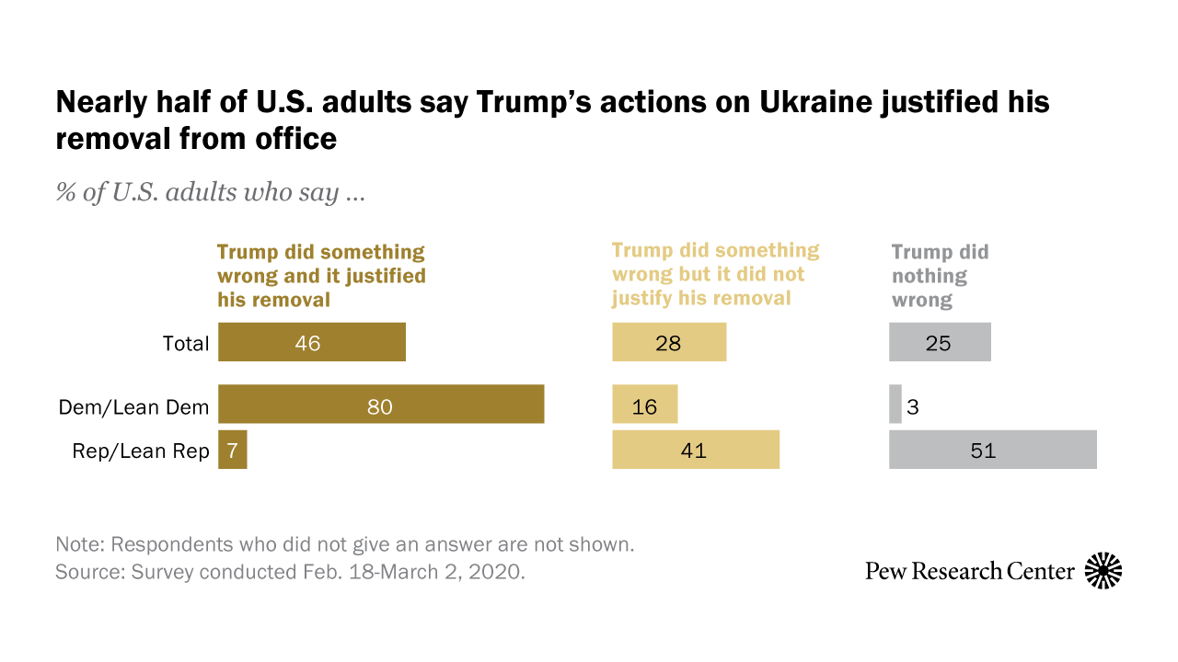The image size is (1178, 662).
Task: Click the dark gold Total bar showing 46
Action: point(311,342)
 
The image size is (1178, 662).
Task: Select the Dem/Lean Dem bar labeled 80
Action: point(381,405)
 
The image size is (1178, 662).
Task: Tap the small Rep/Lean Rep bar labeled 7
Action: point(232,450)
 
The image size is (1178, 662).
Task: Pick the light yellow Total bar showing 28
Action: point(669,342)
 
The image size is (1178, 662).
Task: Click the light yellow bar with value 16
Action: point(645,405)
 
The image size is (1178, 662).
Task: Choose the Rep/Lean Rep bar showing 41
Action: point(696,450)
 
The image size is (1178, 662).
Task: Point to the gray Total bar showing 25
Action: point(940,342)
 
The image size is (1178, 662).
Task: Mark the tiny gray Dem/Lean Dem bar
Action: point(895,405)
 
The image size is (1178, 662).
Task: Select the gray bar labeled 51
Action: point(992,450)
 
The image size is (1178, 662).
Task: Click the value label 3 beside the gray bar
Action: point(913,405)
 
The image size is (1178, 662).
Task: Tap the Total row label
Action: point(187,344)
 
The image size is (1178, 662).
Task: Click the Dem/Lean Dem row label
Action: point(133,406)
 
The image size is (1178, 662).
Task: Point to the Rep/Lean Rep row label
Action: point(141,451)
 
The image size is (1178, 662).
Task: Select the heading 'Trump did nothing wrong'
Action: point(940,276)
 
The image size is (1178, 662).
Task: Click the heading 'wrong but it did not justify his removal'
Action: point(715,274)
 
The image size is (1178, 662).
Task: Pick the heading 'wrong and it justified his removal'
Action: point(321,276)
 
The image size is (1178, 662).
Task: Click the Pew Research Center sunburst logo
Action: point(1103,571)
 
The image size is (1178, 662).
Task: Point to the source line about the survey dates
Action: point(290,571)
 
